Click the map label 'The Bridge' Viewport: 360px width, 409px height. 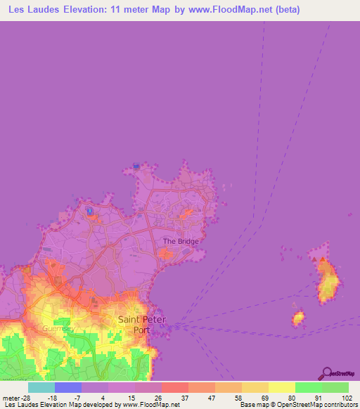[181, 241]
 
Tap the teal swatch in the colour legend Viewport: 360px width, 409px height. [41, 387]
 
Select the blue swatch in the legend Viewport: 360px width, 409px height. [67, 387]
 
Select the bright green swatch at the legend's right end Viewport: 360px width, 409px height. [335, 387]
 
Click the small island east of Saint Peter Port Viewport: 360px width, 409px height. [298, 318]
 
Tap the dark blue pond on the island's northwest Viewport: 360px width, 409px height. [89, 210]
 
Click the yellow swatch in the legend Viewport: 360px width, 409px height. [281, 387]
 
